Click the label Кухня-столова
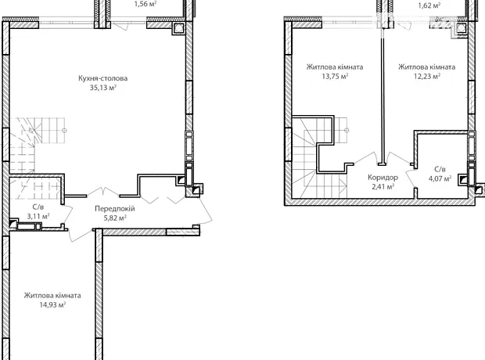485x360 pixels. click(x=102, y=78)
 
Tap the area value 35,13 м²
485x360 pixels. click(x=103, y=88)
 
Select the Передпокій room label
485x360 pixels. click(x=115, y=209)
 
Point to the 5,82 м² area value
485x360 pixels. click(x=115, y=218)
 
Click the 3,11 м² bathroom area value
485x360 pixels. click(x=38, y=216)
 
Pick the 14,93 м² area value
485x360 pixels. click(x=52, y=305)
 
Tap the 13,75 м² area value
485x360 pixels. click(x=335, y=76)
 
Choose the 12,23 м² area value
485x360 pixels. click(x=427, y=76)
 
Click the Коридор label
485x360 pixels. click(x=383, y=178)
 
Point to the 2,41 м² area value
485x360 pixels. click(x=383, y=187)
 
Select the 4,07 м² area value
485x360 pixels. click(x=440, y=178)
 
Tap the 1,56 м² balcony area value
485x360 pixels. click(x=145, y=4)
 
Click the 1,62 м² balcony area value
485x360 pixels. click(x=429, y=5)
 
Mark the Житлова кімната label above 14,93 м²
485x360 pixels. click(x=52, y=296)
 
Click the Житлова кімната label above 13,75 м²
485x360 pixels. click(x=335, y=67)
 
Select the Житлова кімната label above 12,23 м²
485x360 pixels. click(x=427, y=67)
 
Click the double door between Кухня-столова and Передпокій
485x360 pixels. click(x=103, y=192)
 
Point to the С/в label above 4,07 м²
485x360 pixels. click(x=440, y=169)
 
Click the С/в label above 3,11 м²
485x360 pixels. click(x=38, y=207)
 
